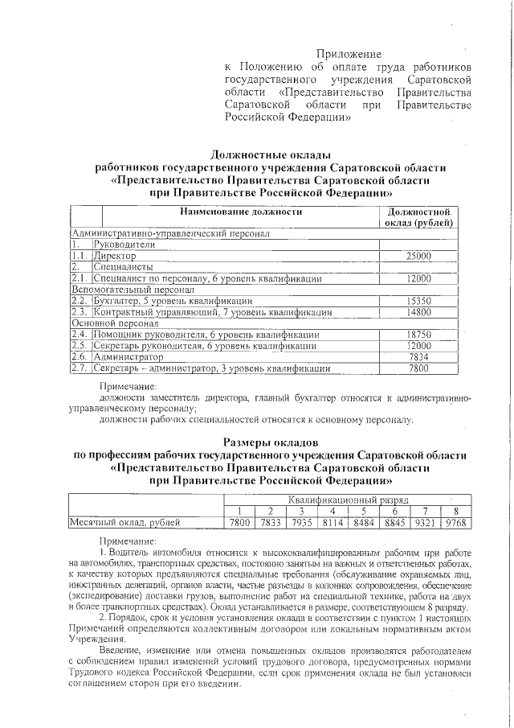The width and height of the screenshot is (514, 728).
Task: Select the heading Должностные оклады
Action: [x=270, y=154]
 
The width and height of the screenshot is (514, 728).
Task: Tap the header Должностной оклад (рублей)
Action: [x=418, y=216]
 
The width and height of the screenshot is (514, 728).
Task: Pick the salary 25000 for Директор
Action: [x=418, y=255]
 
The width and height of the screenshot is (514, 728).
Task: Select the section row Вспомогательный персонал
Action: [x=133, y=289]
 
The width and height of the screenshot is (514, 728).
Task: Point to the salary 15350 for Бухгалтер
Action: [x=418, y=300]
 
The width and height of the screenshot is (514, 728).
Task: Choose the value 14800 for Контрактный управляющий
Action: [x=418, y=311]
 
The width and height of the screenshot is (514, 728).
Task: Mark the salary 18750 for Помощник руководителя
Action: [x=418, y=334]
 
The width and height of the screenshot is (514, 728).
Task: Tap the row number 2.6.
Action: [x=79, y=356]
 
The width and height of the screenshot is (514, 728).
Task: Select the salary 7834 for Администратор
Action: [x=418, y=356]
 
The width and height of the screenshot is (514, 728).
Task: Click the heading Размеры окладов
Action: [x=270, y=442]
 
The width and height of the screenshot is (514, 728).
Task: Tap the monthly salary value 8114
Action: [x=332, y=523]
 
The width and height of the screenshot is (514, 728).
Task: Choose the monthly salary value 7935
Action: [x=300, y=523]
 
